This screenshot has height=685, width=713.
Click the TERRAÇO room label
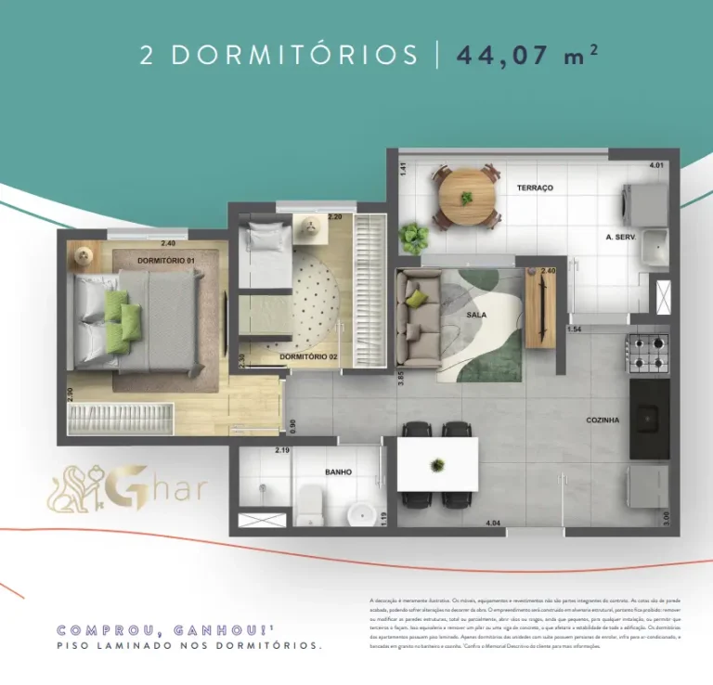[535, 188]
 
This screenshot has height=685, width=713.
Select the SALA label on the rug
[476, 315]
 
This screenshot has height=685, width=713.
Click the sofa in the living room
[417, 316]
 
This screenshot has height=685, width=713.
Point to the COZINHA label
[603, 420]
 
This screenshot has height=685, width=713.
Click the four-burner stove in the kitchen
[648, 353]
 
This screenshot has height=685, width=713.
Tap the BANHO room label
[338, 472]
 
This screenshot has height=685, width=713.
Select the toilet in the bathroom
[308, 506]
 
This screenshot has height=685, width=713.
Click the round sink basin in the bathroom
[360, 513]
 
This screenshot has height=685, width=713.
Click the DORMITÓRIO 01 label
[165, 261]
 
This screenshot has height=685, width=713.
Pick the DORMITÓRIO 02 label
[308, 356]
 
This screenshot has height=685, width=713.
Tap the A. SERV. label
[619, 238]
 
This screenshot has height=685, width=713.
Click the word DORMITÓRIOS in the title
[294, 55]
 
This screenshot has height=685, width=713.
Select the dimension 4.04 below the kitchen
[494, 523]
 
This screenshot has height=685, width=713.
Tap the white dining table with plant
[437, 463]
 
